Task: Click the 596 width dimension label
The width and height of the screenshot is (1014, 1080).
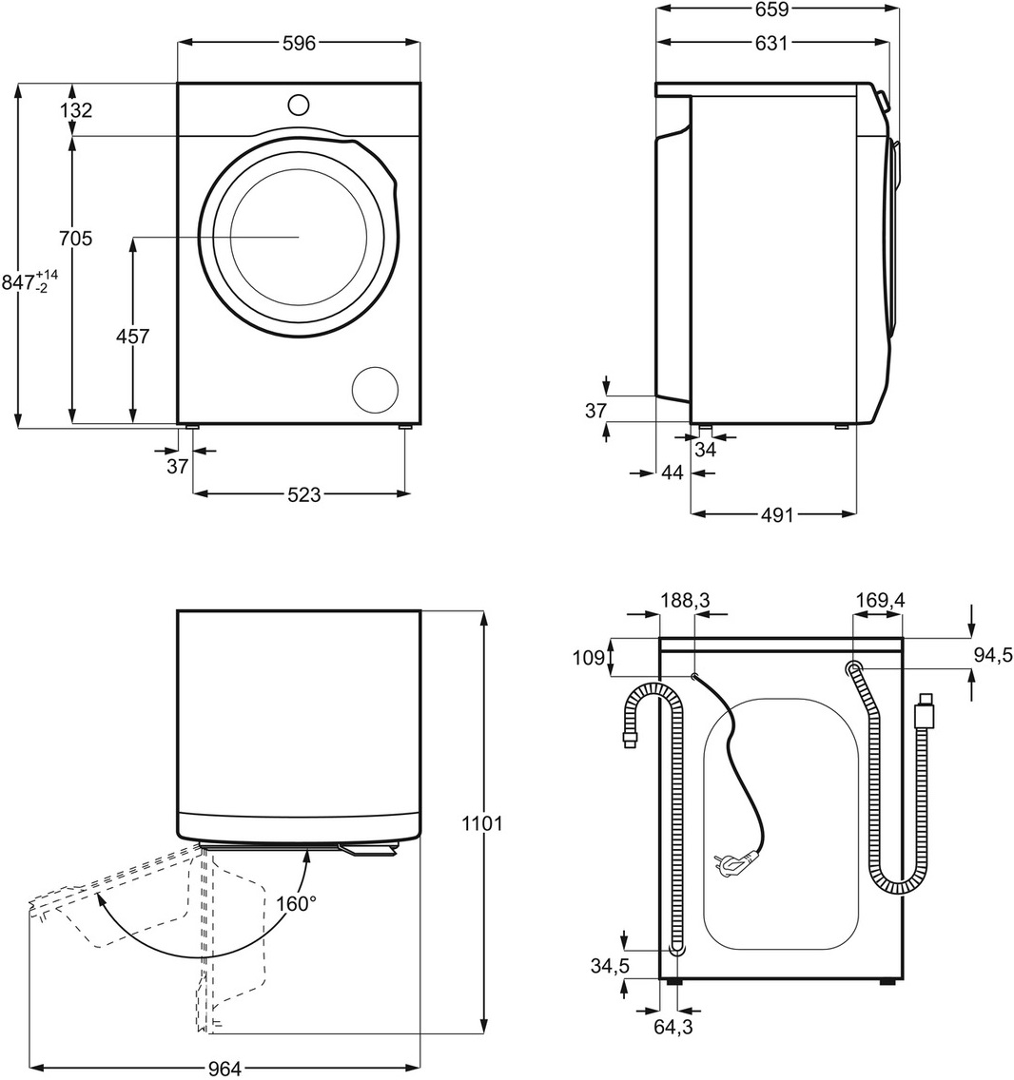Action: [298, 44]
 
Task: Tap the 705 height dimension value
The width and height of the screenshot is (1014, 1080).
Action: [75, 239]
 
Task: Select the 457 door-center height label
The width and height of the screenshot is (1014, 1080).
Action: [132, 336]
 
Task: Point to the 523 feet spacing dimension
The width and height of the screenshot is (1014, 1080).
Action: [303, 494]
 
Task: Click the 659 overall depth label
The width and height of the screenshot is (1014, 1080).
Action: [772, 10]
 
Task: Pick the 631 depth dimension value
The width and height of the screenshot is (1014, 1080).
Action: [771, 42]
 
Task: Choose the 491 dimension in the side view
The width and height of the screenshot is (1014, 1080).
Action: [776, 514]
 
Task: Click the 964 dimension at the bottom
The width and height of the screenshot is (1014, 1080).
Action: [224, 1069]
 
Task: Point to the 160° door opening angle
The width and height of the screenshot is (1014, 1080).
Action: [298, 903]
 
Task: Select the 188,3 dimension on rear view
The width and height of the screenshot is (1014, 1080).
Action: [686, 601]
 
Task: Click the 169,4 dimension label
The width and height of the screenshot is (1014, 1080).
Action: [879, 601]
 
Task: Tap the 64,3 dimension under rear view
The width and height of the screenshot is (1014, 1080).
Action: [673, 1027]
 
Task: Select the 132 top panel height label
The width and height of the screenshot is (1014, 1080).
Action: [76, 110]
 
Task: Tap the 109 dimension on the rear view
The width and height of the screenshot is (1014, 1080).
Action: [590, 656]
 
